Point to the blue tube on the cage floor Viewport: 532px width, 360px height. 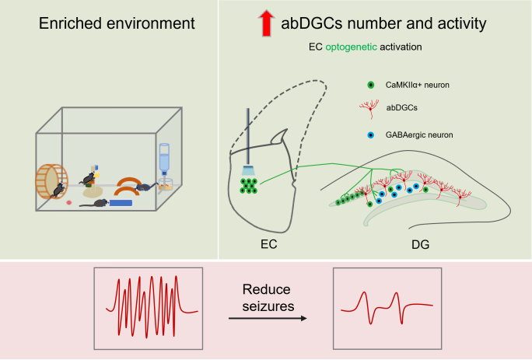click(121, 203)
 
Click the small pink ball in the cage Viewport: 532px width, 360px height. click(69, 202)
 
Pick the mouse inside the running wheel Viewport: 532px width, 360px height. click(58, 188)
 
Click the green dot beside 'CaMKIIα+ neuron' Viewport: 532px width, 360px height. click(371, 84)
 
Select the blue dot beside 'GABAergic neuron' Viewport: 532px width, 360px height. click(371, 135)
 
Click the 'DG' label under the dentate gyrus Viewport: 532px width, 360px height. click(420, 245)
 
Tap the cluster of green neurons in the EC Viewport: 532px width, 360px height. click(249, 187)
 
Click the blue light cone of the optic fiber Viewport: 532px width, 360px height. click(247, 170)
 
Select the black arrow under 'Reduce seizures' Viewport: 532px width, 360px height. click(267, 318)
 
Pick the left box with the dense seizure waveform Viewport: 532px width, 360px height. click(148, 307)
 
